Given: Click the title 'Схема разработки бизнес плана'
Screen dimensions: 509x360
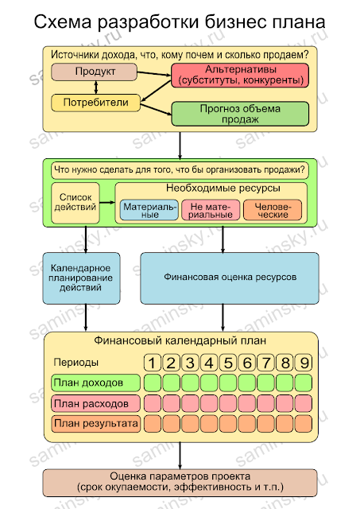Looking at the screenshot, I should coord(180,24).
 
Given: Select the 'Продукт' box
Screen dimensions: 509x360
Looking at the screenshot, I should coord(95,72).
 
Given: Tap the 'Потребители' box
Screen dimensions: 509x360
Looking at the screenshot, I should coord(95,103).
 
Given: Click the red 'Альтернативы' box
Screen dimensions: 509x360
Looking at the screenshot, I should coord(239,76).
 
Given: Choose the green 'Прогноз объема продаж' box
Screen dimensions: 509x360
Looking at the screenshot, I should coord(239,114).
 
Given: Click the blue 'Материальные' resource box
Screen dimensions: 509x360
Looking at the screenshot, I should coord(149,210).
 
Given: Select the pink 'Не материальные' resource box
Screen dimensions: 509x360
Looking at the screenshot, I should coord(210,210).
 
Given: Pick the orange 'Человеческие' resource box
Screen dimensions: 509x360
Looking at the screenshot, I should coord(272,210).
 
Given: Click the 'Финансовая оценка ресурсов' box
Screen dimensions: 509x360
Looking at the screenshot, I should coord(230,278).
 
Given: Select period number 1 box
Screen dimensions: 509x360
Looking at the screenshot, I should coord(153,363).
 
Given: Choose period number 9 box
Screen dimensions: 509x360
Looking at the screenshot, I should coord(304,363).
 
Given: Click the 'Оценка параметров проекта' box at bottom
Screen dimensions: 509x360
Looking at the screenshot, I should coord(180,480).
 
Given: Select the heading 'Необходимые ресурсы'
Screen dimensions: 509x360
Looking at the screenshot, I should coord(211,189).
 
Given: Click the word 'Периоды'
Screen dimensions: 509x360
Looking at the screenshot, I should coord(76,363).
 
